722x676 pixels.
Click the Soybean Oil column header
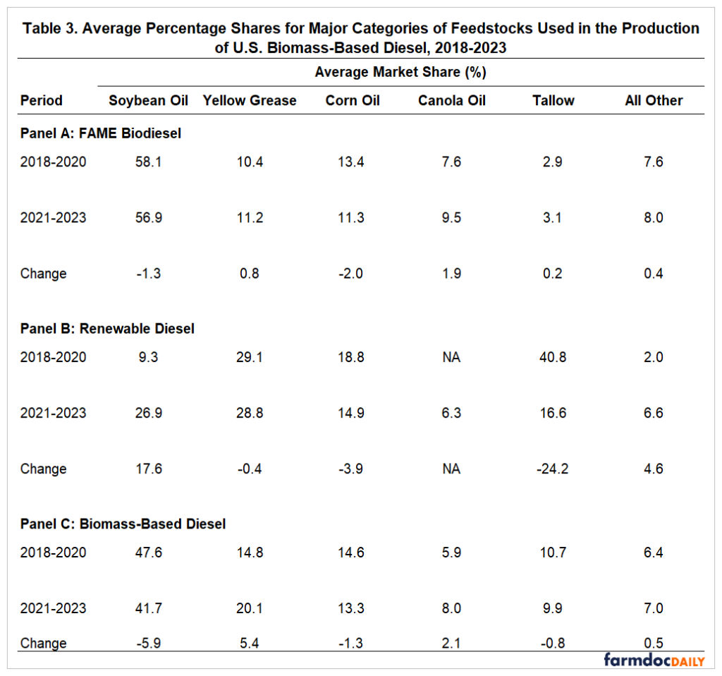click(x=148, y=100)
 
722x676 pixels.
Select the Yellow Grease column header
click(x=250, y=100)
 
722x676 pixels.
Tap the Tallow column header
click(x=553, y=100)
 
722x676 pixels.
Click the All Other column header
click(x=654, y=100)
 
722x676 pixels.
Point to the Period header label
click(x=41, y=100)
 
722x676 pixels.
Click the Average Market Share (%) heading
click(x=400, y=72)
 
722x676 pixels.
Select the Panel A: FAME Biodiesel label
click(x=101, y=133)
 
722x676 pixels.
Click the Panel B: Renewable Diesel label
click(x=107, y=329)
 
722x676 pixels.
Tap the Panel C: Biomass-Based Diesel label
click(x=123, y=524)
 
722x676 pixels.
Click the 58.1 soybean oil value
click(x=148, y=162)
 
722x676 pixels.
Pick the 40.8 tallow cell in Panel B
click(x=553, y=357)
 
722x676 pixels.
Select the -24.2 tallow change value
click(x=553, y=469)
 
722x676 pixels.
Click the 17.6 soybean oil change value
click(x=148, y=469)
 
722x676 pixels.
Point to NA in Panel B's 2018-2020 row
click(x=451, y=357)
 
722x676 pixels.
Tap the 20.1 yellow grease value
click(x=250, y=608)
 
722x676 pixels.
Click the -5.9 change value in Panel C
click(x=148, y=643)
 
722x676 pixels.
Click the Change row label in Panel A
click(x=43, y=274)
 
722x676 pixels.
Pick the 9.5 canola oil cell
click(x=451, y=217)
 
